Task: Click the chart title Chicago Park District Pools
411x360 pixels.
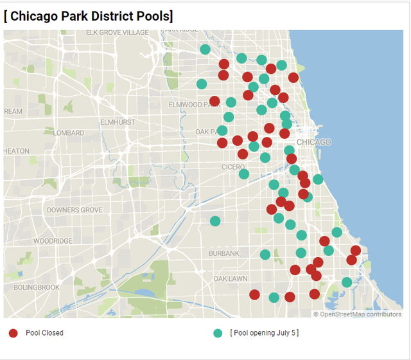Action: tap(88, 15)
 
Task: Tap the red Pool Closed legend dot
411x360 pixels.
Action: tap(13, 333)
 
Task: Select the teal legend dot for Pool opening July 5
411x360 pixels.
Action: tap(218, 333)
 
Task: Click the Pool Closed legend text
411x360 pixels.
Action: tap(44, 333)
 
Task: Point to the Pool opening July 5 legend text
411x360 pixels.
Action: tap(264, 333)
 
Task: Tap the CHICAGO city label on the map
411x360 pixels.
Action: tap(313, 142)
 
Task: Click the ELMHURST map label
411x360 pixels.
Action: tap(118, 122)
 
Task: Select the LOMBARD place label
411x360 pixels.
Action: tap(69, 133)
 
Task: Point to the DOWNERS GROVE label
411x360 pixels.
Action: tap(74, 210)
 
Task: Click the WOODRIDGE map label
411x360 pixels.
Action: tap(53, 241)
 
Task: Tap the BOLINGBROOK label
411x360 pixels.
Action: tap(37, 287)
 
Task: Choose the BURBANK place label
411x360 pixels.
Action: tap(223, 253)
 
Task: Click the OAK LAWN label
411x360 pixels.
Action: tap(230, 279)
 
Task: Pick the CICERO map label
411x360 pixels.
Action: tap(233, 167)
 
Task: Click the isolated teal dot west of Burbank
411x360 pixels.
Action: tap(215, 221)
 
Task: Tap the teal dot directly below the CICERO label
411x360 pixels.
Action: tap(243, 174)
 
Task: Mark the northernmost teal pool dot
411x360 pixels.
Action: tap(205, 49)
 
